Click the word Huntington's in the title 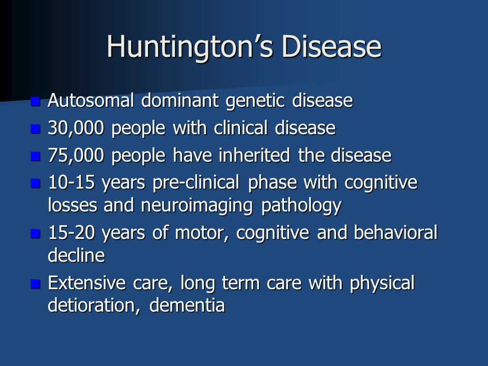(190, 47)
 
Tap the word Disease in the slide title (331, 47)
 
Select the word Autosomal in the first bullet (90, 100)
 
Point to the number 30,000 (76, 128)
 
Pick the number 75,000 (76, 156)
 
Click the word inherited (254, 155)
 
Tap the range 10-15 (71, 182)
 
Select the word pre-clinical (196, 183)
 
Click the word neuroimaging (197, 206)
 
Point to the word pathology (301, 206)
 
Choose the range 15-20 (71, 233)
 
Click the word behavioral (395, 232)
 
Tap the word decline (76, 256)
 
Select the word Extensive (86, 283)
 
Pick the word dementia (187, 306)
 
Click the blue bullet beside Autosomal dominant (36, 102)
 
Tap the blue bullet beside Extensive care (36, 284)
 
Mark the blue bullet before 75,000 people (36, 156)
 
